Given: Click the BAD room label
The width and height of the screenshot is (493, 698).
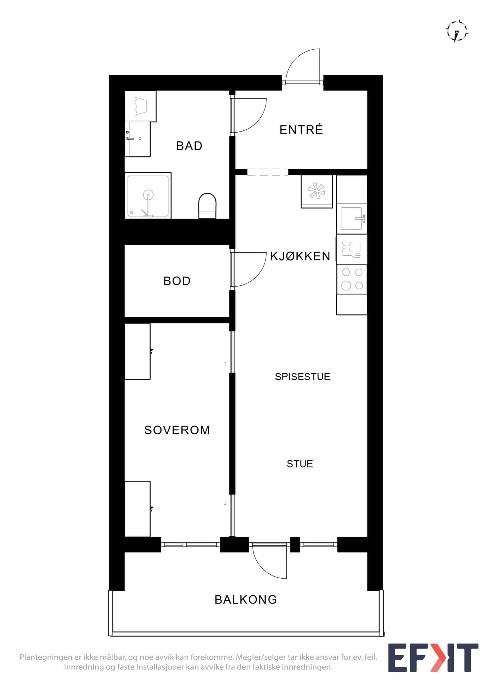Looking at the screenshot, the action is (189, 146).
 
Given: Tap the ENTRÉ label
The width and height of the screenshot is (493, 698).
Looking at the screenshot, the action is (301, 130).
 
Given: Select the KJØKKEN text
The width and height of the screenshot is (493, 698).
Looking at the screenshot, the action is (300, 256).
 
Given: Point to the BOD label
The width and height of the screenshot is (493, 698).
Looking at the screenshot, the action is (177, 281).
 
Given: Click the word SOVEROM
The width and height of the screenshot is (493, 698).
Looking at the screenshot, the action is (177, 430).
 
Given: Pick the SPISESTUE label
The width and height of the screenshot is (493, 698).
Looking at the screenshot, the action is (303, 377).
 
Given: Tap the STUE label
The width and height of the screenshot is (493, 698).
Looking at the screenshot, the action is (300, 464).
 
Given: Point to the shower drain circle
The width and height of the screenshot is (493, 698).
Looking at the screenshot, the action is (149, 194).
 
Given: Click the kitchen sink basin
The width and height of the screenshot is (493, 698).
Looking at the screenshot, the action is (351, 219).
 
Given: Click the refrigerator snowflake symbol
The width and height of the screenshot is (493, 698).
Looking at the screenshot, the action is (317, 191).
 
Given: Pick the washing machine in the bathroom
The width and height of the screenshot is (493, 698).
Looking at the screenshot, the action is (140, 106).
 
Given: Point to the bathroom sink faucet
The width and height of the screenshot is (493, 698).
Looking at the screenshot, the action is (130, 139).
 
